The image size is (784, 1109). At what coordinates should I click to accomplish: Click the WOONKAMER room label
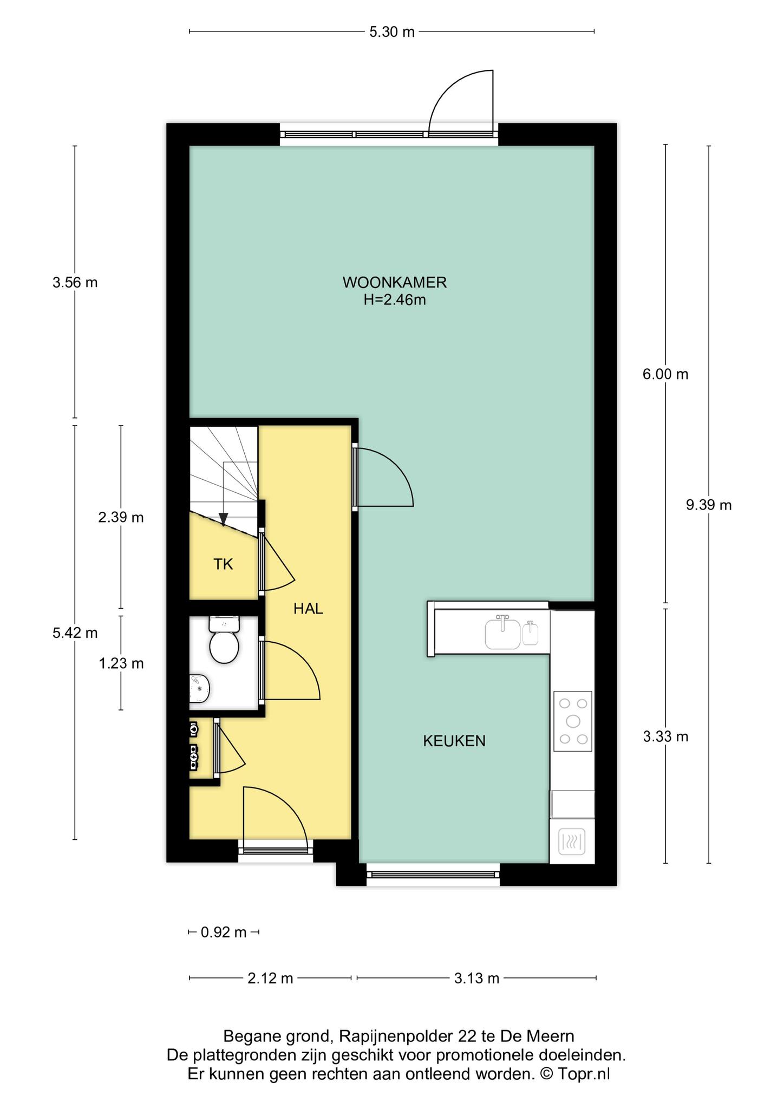[x=394, y=283]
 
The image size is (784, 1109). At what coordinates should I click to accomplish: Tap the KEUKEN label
[x=454, y=741]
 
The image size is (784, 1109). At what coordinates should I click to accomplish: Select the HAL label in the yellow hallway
[x=308, y=609]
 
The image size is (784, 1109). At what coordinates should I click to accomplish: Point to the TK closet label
[x=223, y=565]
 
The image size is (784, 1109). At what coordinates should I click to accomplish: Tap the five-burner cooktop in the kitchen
[x=573, y=721]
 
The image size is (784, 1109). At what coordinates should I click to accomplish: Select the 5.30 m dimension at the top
[x=392, y=32]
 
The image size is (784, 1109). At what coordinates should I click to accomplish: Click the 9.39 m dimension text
[x=709, y=505]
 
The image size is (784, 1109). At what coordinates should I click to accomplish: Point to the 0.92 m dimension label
[x=224, y=932]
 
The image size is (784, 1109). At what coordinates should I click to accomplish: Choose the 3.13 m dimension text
[x=476, y=978]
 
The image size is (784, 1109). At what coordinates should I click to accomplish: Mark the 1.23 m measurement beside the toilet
[x=121, y=663]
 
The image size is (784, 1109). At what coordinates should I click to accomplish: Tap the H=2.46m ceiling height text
[x=395, y=300]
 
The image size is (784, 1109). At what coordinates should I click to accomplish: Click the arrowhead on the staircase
[x=224, y=519]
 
